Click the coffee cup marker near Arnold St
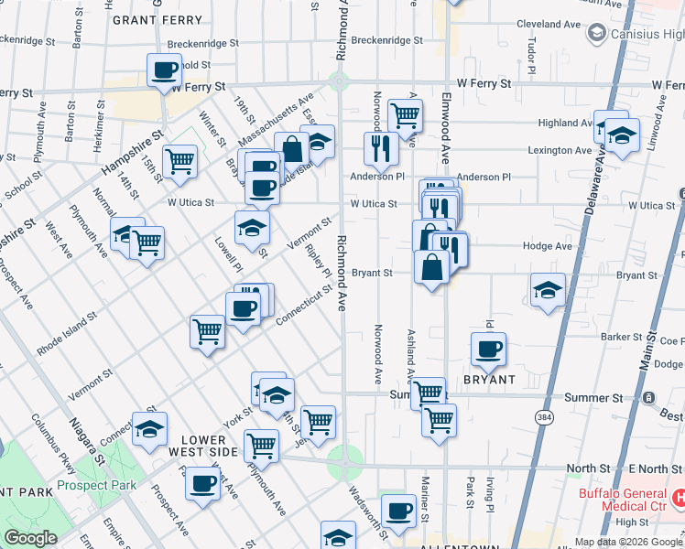click(166, 70)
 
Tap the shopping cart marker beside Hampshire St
click(181, 161)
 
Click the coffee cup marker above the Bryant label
click(489, 349)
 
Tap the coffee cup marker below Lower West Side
click(202, 483)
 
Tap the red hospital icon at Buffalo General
click(679, 499)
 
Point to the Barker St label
click(622, 337)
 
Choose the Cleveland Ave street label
click(549, 24)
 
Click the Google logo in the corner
click(30, 538)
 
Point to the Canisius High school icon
click(596, 34)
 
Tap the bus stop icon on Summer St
click(648, 398)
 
